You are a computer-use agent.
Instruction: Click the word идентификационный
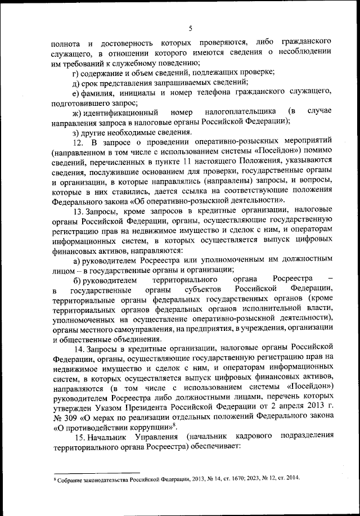pyautogui.click(x=116, y=112)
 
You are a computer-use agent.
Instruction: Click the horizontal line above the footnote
pyautogui.click(x=96, y=473)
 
